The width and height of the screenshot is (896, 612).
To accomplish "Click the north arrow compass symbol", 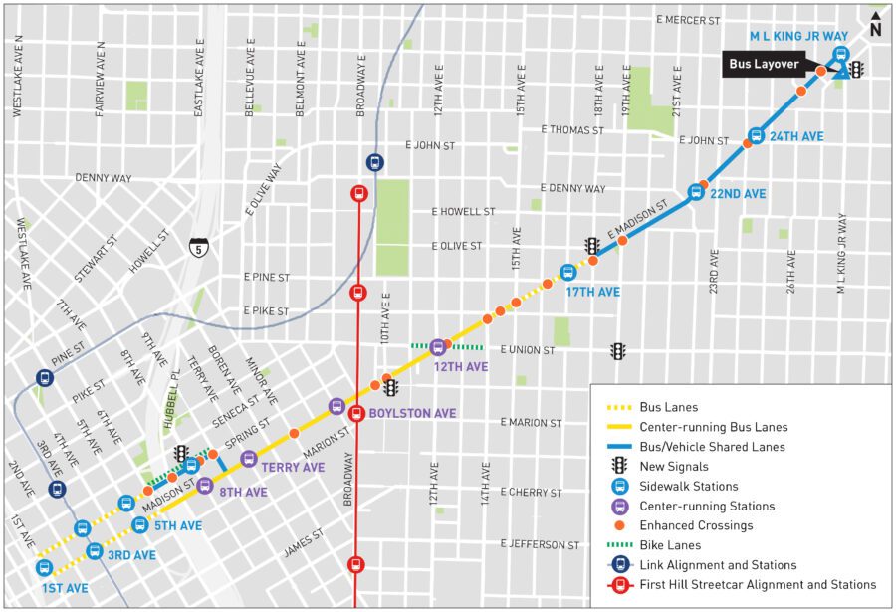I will click(875, 23).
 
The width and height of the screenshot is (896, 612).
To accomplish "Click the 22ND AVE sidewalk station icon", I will click(696, 192).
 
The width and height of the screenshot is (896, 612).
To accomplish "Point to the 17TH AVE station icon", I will click(568, 272).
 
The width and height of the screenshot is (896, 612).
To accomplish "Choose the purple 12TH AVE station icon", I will click(437, 346).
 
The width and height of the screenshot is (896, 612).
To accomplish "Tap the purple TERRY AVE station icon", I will click(249, 458).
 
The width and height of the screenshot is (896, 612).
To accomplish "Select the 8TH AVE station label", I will click(243, 492).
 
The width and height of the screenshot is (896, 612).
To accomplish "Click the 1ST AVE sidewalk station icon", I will click(44, 567).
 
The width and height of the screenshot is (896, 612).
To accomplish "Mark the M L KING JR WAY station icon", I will click(840, 55).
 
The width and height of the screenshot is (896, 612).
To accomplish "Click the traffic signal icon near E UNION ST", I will click(618, 350).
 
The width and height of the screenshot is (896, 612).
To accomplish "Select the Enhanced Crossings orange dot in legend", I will click(619, 525).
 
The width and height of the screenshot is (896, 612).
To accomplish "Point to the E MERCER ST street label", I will click(687, 20).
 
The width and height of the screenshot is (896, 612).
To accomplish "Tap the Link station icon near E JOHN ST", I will click(374, 162).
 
